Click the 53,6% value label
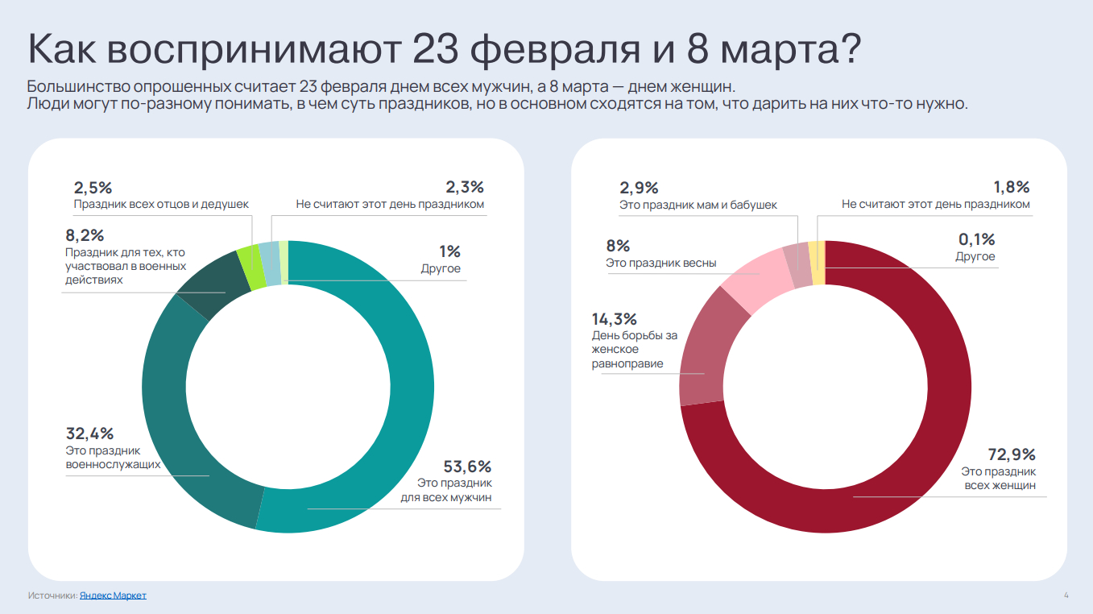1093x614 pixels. [x=467, y=467]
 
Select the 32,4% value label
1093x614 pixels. [x=89, y=434]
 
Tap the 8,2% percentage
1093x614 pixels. [x=85, y=236]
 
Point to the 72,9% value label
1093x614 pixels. [x=1012, y=454]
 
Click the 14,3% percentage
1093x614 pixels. [x=615, y=318]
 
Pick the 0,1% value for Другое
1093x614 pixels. [x=976, y=239]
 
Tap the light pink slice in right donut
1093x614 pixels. [x=753, y=278]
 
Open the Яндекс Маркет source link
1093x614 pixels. [x=113, y=595]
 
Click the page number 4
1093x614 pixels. [x=1066, y=595]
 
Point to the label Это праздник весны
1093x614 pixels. [x=660, y=263]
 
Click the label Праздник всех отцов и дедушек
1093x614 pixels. [x=161, y=205]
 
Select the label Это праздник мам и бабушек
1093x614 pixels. [x=698, y=205]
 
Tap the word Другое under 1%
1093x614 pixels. [x=441, y=268]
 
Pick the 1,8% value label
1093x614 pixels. [x=1012, y=187]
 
